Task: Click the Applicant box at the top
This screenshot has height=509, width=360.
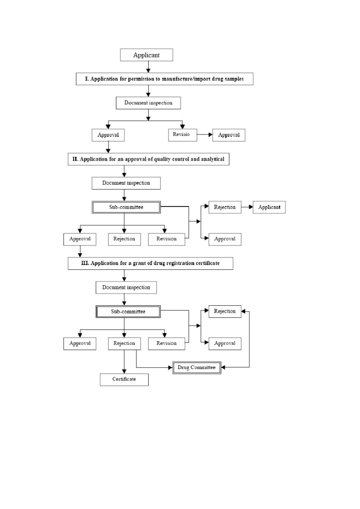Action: (x=146, y=55)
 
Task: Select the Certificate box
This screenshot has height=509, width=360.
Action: (x=124, y=379)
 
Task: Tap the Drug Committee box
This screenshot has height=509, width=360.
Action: (x=197, y=367)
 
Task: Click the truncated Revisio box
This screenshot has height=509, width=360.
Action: (x=183, y=135)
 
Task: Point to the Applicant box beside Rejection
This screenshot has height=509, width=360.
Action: (x=269, y=207)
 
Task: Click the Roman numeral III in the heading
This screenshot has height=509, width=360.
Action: (x=85, y=263)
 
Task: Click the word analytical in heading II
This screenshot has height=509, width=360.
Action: (x=213, y=159)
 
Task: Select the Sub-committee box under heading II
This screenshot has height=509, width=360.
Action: (x=126, y=207)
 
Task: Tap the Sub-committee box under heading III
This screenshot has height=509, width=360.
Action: (x=128, y=311)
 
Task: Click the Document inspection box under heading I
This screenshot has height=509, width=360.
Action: (x=148, y=103)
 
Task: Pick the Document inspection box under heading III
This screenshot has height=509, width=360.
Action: (x=126, y=287)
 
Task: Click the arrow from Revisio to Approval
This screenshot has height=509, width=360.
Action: (x=205, y=135)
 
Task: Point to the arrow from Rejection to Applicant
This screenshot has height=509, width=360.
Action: (x=247, y=207)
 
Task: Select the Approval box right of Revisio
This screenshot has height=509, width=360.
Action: (x=229, y=135)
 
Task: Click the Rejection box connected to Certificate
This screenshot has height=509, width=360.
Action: (x=124, y=343)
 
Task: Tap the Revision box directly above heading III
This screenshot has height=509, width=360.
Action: (x=166, y=239)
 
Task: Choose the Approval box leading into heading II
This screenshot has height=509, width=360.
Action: (x=108, y=135)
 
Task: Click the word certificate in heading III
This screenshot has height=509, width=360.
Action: (x=208, y=263)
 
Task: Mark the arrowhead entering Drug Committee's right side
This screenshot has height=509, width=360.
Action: (x=223, y=367)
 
